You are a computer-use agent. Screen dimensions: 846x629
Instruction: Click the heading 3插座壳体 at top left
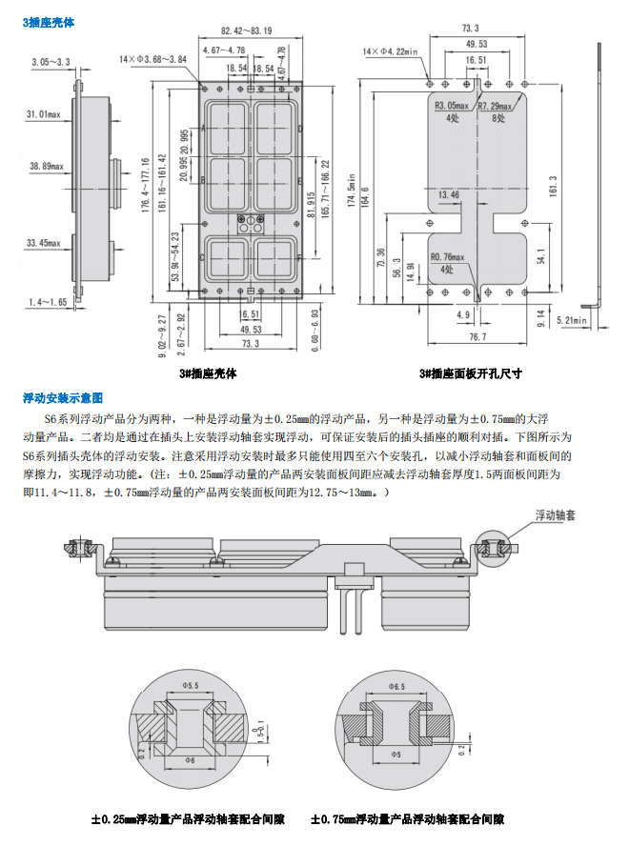[x=49, y=21]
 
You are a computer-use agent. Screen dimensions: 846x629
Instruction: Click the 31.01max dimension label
[x=44, y=115]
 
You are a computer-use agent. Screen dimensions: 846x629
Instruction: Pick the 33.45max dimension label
[x=44, y=243]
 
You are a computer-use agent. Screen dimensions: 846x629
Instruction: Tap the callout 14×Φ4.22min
[x=392, y=49]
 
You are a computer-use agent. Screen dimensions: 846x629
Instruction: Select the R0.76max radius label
[x=448, y=256]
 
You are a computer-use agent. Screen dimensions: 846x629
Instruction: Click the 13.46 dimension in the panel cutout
[x=448, y=194]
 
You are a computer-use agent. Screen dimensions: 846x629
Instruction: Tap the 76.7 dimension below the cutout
[x=477, y=336]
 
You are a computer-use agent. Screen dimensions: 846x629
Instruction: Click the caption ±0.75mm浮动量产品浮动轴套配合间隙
[x=407, y=819]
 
